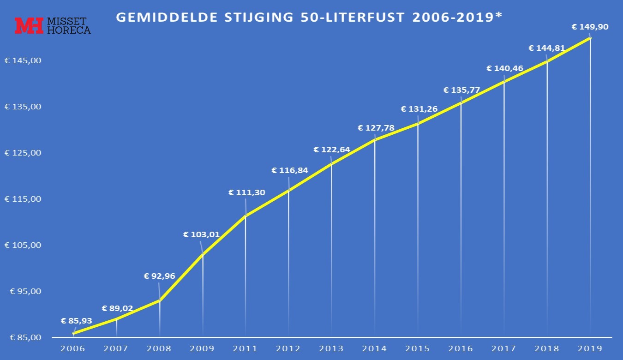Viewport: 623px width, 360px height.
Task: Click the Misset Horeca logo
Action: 52,26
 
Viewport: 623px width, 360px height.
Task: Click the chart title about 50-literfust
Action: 308,18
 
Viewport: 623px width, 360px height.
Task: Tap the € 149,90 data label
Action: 590,27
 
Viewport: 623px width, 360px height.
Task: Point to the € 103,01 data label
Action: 202,234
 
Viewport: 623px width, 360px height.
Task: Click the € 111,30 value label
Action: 247,192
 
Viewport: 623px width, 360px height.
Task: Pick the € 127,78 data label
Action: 376,128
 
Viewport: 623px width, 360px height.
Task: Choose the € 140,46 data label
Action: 505,68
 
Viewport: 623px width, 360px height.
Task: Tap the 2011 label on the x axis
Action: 246,348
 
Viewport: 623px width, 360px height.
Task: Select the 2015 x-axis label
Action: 418,348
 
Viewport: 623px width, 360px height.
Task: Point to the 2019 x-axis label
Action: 590,348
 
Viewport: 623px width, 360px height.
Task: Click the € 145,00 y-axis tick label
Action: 23,60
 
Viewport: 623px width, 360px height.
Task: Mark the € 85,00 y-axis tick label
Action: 23,337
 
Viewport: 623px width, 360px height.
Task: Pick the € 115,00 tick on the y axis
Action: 23,199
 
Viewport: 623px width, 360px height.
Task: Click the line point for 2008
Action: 160,300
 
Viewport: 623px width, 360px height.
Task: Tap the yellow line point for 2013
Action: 332,163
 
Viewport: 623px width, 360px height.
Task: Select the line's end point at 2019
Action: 590,38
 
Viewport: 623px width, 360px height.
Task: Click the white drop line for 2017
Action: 504,208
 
